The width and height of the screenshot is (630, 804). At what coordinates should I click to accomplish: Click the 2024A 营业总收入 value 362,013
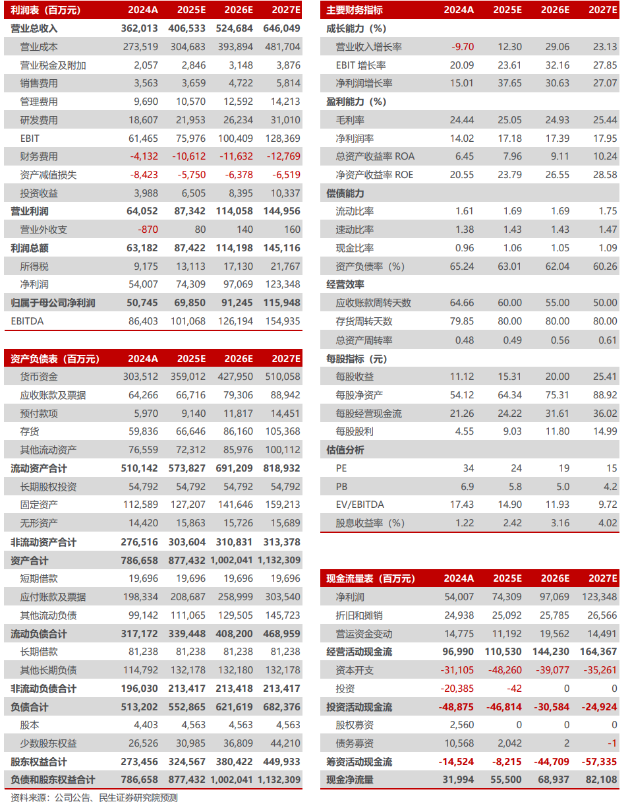tap(140, 28)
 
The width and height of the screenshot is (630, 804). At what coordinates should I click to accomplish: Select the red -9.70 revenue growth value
tap(463, 47)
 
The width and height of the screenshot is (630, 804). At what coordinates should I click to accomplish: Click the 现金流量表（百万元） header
tap(371, 578)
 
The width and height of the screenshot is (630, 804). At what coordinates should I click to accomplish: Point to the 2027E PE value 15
tap(612, 468)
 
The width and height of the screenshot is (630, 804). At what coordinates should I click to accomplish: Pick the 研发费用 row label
tap(39, 120)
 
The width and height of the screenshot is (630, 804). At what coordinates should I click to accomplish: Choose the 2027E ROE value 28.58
tap(605, 175)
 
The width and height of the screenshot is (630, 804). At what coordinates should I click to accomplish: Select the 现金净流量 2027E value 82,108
tap(602, 780)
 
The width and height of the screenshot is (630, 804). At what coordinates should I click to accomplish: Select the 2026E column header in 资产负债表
tap(238, 359)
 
